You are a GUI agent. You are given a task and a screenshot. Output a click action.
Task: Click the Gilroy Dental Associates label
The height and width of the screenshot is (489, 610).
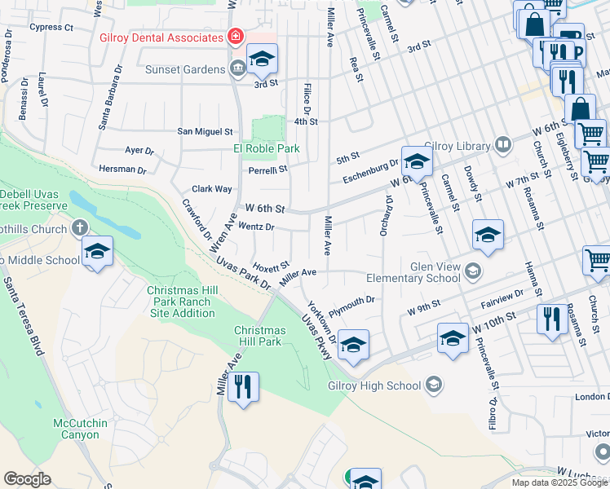click(x=161, y=37)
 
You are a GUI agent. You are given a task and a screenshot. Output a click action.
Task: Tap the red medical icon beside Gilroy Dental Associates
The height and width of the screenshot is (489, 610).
click(x=236, y=37)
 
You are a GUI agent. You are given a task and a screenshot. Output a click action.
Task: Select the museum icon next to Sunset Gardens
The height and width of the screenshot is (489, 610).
click(x=236, y=68)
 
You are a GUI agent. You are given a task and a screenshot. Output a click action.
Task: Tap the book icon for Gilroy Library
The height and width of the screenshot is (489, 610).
click(x=503, y=145)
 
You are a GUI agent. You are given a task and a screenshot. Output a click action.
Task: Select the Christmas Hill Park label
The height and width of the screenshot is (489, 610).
click(x=259, y=336)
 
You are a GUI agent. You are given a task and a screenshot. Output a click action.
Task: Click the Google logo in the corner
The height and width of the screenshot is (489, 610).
click(x=27, y=479)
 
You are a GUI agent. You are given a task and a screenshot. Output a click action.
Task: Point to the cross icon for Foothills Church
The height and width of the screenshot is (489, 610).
click(x=79, y=229)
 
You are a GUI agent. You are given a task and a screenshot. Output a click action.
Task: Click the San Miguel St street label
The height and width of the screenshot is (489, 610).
click(x=206, y=131)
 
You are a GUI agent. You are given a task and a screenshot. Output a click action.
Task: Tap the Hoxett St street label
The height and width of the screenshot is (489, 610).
click(x=272, y=266)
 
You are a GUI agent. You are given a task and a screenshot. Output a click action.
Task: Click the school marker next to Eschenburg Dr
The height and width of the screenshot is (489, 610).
click(x=416, y=161)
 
